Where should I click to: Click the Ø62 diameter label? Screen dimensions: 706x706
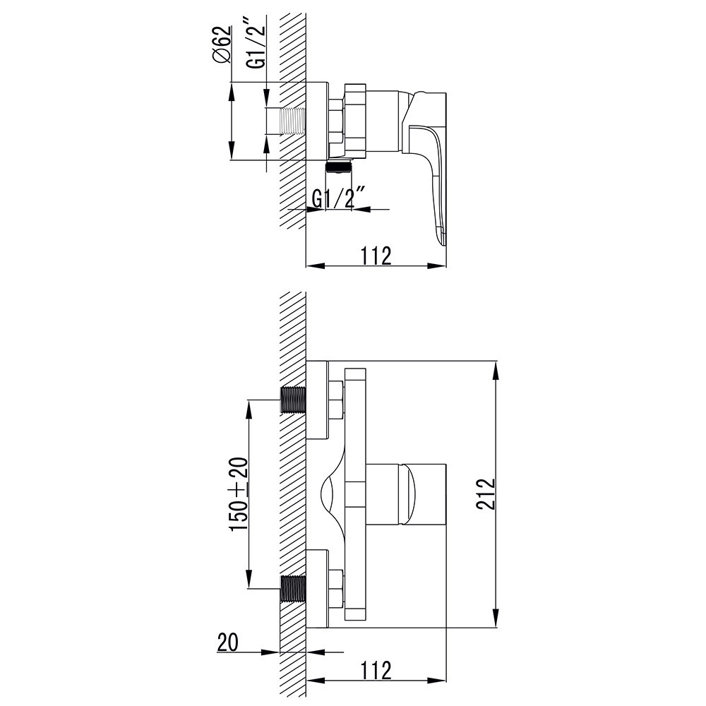[x=222, y=46]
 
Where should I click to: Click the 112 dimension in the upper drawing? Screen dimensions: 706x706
[x=376, y=255]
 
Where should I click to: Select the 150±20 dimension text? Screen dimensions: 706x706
[x=238, y=494]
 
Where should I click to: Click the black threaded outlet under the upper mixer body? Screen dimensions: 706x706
[x=340, y=167]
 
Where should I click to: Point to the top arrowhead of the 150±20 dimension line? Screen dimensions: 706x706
[x=248, y=407]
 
